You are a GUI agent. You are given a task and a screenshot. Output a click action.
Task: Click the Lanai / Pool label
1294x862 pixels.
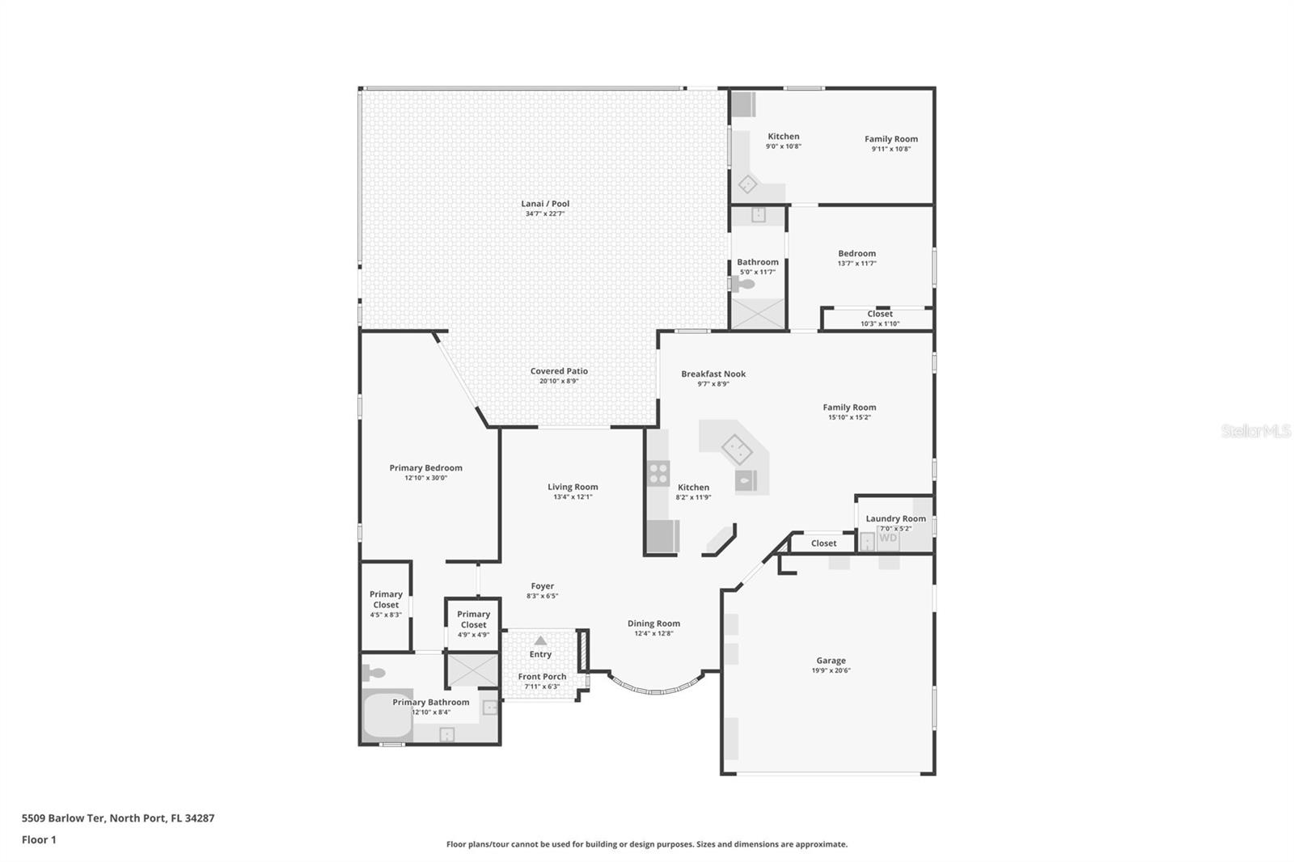(x=545, y=204)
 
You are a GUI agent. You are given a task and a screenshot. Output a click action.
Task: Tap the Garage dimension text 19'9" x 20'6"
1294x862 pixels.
(x=831, y=670)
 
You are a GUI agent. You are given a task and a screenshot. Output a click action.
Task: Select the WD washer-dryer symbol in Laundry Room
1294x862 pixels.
(x=888, y=539)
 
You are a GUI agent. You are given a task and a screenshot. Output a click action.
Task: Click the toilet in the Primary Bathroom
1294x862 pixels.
(x=374, y=672)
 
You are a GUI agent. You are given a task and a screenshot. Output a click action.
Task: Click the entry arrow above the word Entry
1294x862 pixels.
(x=540, y=640)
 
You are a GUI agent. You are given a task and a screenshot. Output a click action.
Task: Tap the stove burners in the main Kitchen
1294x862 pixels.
(x=658, y=473)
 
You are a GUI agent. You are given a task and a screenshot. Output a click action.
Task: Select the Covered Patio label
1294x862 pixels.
(x=559, y=371)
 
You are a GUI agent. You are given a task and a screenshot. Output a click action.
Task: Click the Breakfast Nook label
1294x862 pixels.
(x=713, y=374)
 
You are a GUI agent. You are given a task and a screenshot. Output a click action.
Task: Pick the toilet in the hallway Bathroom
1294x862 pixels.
(x=742, y=284)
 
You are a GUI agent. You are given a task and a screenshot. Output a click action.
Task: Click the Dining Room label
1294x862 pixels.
(x=653, y=623)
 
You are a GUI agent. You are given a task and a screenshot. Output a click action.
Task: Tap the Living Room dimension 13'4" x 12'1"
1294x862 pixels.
(x=573, y=497)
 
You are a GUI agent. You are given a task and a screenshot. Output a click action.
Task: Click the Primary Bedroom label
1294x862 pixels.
(x=425, y=467)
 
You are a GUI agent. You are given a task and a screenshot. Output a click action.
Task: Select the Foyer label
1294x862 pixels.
(x=542, y=586)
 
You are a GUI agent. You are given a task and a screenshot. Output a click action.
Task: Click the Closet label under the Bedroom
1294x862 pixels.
(x=880, y=314)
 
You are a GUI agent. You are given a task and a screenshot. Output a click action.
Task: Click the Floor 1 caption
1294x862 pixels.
(x=39, y=839)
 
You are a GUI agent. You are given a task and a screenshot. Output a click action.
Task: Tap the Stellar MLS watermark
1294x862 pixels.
(x=1255, y=431)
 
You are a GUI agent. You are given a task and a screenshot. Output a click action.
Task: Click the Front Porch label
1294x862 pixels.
(x=542, y=677)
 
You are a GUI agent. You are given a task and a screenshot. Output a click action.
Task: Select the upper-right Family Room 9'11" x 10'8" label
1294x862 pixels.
(x=890, y=139)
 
